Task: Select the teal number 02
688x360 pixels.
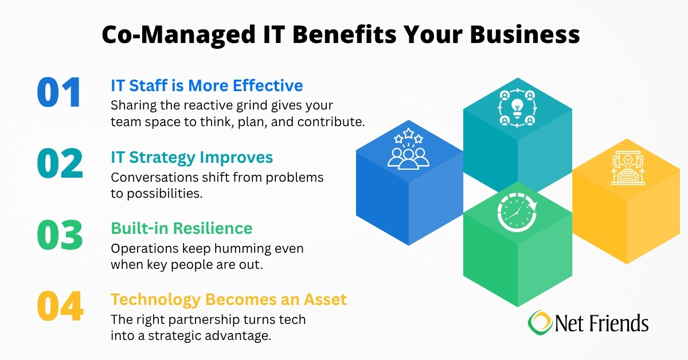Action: point(60,163)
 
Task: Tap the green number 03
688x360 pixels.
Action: point(60,234)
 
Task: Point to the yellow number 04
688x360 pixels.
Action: point(60,306)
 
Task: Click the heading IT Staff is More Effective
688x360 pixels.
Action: point(206,85)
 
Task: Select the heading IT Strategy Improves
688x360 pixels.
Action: point(191,156)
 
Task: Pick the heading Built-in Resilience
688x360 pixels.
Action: point(181,228)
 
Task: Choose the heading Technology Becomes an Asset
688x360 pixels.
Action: point(228,299)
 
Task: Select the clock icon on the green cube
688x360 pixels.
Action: point(517,213)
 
